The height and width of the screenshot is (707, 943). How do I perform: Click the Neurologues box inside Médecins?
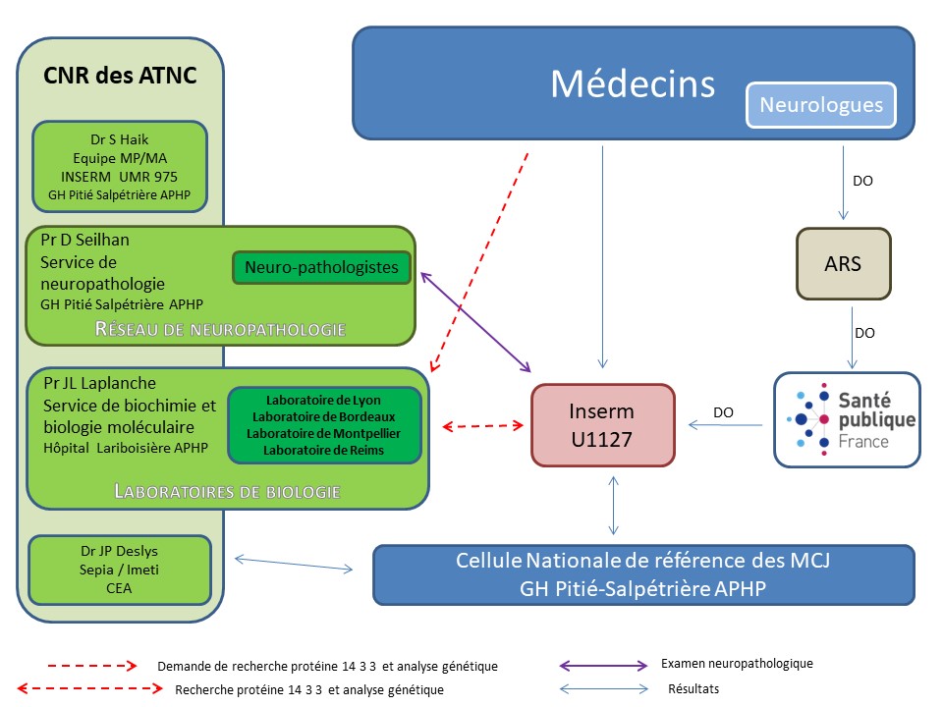pyautogui.click(x=821, y=105)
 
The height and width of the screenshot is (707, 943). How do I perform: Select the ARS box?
pyautogui.click(x=843, y=264)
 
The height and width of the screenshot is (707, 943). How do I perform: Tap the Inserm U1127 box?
pyautogui.click(x=603, y=424)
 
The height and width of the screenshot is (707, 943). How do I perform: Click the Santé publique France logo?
pyautogui.click(x=847, y=418)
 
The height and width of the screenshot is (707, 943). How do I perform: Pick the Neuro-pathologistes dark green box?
pyautogui.click(x=321, y=267)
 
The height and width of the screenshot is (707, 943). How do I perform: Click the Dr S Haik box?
pyautogui.click(x=119, y=166)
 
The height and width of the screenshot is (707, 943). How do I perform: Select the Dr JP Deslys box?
pyautogui.click(x=120, y=570)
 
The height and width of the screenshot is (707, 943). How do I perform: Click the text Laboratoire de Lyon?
pyautogui.click(x=323, y=400)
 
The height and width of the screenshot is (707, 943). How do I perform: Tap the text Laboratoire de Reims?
pyautogui.click(x=323, y=451)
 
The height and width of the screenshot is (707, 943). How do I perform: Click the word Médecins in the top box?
pyautogui.click(x=632, y=83)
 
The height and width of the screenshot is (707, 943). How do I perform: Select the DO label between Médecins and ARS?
pyautogui.click(x=862, y=181)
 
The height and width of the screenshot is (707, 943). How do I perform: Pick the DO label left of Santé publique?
pyautogui.click(x=723, y=413)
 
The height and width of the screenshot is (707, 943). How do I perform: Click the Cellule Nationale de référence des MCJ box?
pyautogui.click(x=644, y=574)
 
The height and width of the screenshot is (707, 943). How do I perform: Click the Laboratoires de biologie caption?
pyautogui.click(x=227, y=490)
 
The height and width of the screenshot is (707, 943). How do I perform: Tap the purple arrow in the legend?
pyautogui.click(x=603, y=665)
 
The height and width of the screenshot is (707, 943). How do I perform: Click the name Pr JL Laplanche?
pyautogui.click(x=99, y=383)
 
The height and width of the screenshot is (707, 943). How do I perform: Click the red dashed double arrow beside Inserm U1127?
pyautogui.click(x=482, y=426)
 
